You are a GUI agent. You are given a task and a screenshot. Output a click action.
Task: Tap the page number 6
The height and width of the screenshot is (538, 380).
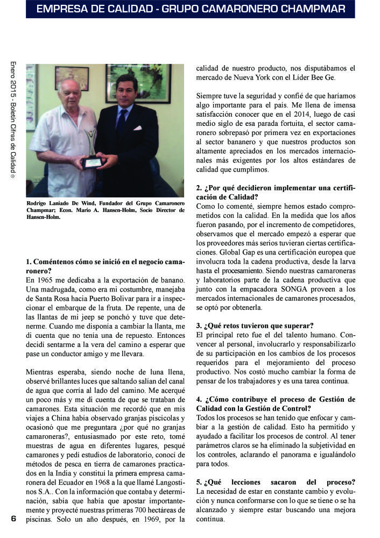tap(13, 519)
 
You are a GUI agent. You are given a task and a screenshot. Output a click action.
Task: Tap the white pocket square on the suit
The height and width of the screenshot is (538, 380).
tap(138, 128)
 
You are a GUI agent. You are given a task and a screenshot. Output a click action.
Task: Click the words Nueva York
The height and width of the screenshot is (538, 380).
tap(249, 78)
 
